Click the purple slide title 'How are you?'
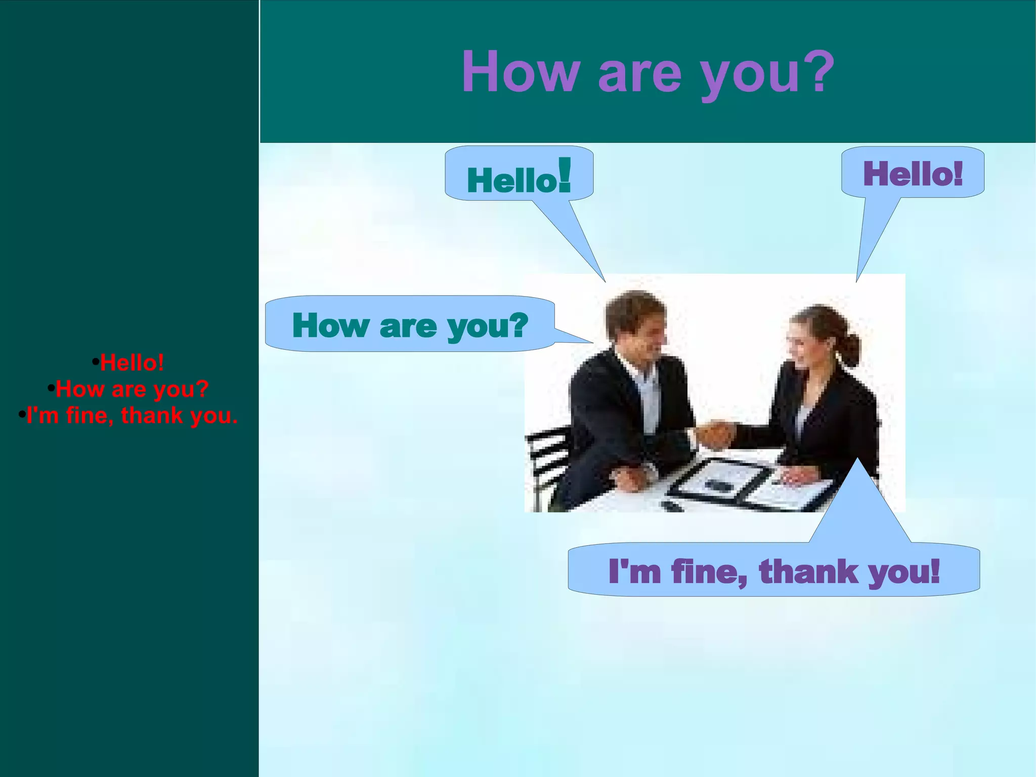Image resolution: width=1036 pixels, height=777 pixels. (647, 72)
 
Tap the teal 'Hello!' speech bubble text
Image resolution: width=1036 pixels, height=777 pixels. (519, 178)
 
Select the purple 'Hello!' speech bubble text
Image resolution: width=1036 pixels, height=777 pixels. (913, 173)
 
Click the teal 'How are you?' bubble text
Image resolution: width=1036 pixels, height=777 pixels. (410, 325)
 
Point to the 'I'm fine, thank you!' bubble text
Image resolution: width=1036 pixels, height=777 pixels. (774, 571)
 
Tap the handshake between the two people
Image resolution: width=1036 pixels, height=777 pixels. (714, 433)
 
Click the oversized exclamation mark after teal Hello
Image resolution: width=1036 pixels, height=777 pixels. (565, 175)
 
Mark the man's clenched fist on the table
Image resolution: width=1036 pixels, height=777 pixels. (630, 478)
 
